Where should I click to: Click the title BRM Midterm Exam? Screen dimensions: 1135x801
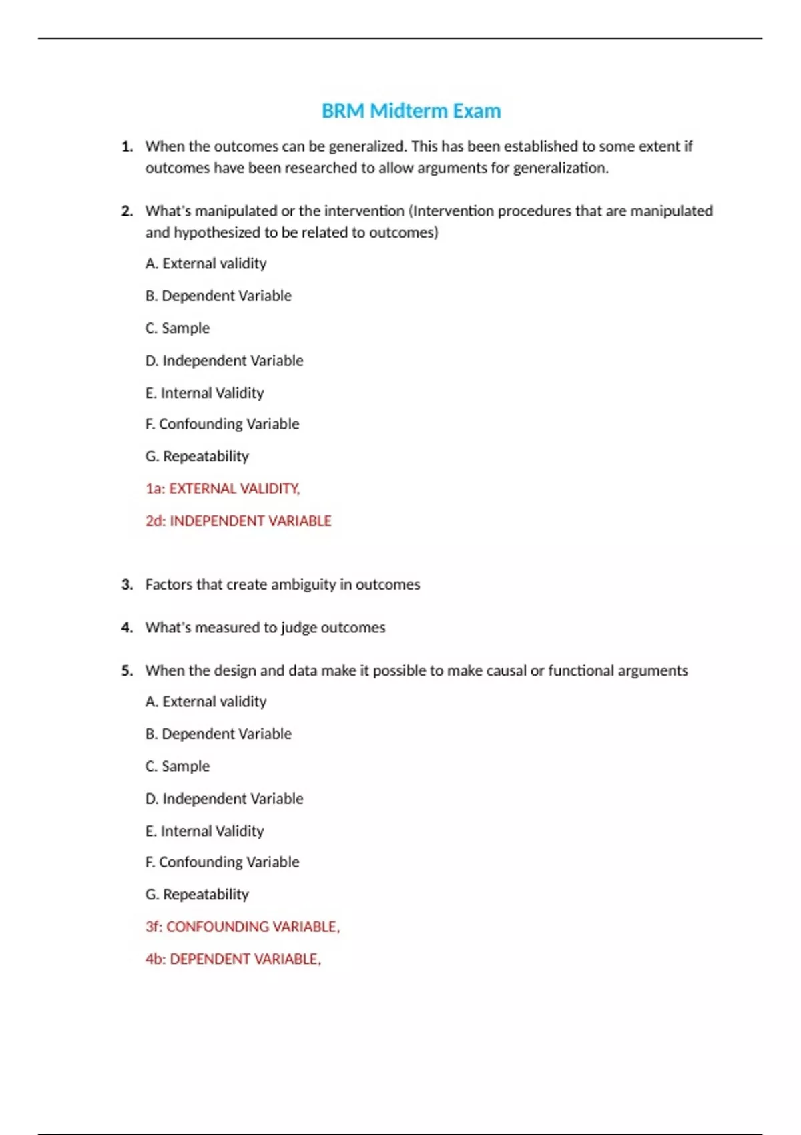(411, 111)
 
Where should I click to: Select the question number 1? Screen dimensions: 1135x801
(127, 146)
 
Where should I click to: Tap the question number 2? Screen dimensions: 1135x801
(127, 211)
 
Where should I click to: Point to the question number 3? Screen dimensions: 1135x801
(127, 584)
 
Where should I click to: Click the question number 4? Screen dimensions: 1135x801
(127, 628)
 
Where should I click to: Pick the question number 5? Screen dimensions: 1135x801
(127, 670)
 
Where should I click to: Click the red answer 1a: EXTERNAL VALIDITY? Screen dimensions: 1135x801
(222, 489)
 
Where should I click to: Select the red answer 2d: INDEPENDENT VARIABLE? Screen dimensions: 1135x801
(238, 521)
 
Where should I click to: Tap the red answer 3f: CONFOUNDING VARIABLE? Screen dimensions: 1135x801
(242, 927)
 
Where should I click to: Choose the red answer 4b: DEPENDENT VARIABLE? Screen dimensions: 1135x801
(233, 959)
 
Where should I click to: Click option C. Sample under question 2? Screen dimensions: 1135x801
(178, 328)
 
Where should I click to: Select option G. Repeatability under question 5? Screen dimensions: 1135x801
(197, 895)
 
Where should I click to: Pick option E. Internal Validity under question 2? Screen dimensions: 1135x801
(204, 393)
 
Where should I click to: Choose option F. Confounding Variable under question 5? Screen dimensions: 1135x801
(222, 862)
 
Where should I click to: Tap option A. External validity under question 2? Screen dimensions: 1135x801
(206, 264)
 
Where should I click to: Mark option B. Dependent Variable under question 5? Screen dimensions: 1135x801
(218, 734)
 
